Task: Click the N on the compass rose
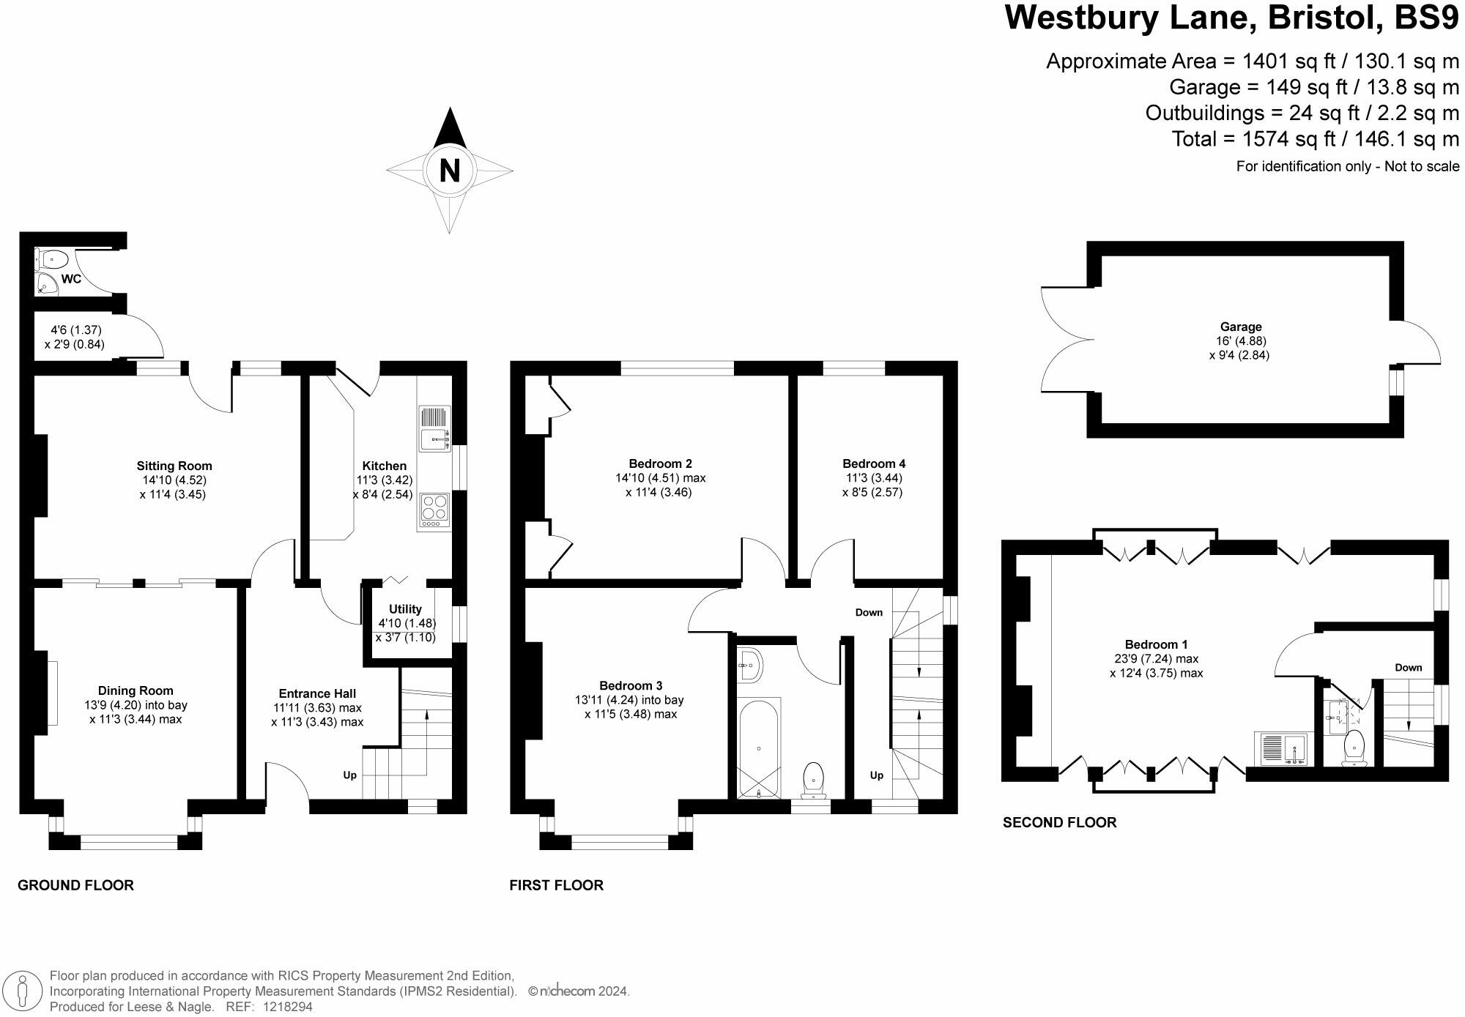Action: click(449, 171)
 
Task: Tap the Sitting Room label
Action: click(174, 466)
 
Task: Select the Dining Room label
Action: click(136, 690)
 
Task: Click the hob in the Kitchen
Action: click(434, 507)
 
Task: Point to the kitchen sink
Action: click(435, 440)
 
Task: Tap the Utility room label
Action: click(405, 609)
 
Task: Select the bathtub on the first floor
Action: click(759, 748)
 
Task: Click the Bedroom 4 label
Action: click(873, 463)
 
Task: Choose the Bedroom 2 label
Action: click(660, 463)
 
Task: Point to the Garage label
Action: click(1241, 327)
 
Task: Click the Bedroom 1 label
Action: click(1156, 644)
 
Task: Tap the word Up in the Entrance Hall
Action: click(349, 775)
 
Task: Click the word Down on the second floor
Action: click(1408, 667)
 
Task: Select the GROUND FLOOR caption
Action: click(75, 885)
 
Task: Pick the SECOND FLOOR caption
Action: click(1059, 822)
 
